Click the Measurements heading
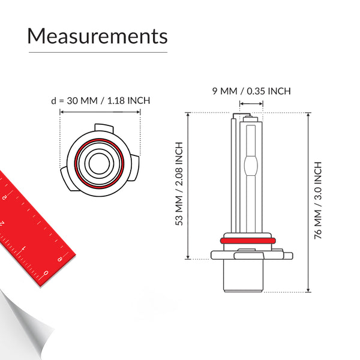tap(97, 36)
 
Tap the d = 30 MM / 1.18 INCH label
tap(100, 100)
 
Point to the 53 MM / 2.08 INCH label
tap(178, 184)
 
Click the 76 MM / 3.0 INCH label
tap(318, 200)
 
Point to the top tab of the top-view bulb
tap(104, 128)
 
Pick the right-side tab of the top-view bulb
tap(136, 168)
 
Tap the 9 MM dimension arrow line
tap(251, 104)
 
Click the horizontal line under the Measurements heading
tap(97, 52)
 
